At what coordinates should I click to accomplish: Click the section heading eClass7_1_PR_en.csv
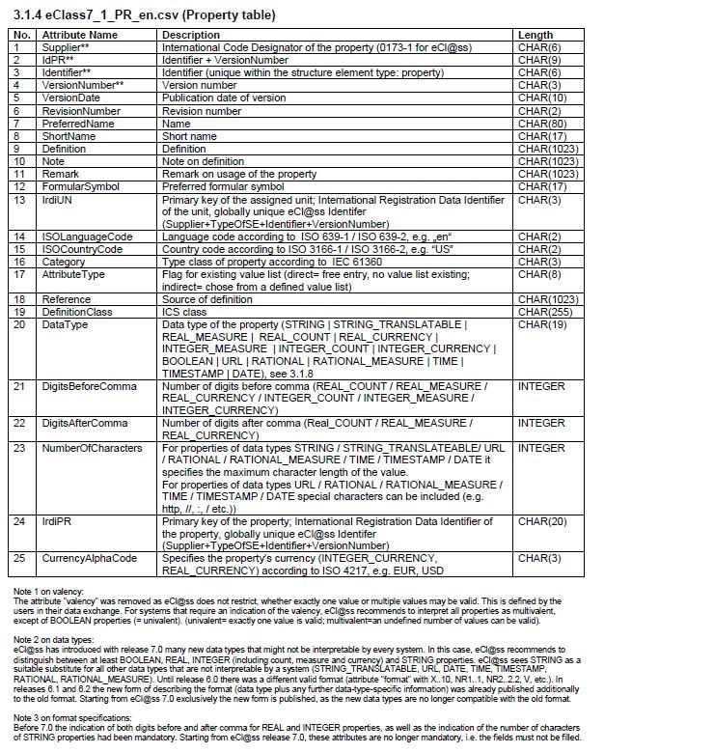coord(145,15)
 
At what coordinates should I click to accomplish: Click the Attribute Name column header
coord(79,35)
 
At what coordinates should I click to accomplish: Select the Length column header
coord(535,35)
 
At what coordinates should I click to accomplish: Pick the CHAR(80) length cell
coord(540,124)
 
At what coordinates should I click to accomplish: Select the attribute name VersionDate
coord(71,97)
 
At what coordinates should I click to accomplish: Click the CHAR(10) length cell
coord(540,97)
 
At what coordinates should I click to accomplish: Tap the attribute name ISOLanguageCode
coord(87,237)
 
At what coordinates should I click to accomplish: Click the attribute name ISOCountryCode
coord(82,249)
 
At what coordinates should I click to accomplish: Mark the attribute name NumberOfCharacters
coord(91,448)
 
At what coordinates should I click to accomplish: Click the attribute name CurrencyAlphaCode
coord(89,558)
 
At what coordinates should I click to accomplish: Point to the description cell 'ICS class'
coord(184,312)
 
